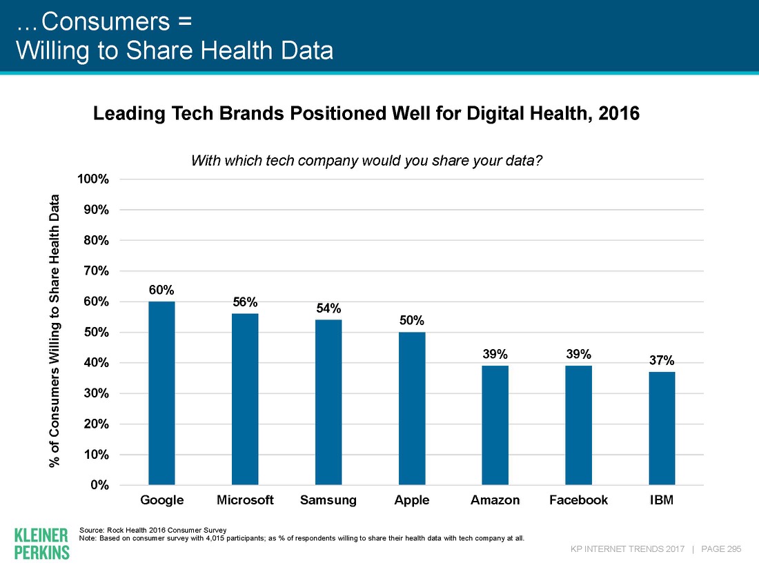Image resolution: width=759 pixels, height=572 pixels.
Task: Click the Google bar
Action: (161, 393)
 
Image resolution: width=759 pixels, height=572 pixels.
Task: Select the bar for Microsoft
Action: (245, 400)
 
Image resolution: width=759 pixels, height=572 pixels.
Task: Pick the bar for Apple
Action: (412, 408)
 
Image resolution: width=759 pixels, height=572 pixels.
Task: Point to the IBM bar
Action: (662, 428)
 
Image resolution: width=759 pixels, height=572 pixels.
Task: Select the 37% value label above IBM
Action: (662, 360)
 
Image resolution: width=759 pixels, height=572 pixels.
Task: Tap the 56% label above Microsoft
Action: (245, 302)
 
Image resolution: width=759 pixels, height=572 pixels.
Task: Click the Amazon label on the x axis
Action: (495, 500)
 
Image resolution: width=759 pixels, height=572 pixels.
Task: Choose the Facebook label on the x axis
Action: (578, 500)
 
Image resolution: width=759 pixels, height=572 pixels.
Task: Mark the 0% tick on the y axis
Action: (101, 485)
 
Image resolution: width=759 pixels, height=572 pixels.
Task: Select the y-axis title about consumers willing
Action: (55, 332)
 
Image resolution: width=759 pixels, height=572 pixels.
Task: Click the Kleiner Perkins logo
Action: (41, 543)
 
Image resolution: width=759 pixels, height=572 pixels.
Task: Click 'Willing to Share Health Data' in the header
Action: (174, 50)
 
